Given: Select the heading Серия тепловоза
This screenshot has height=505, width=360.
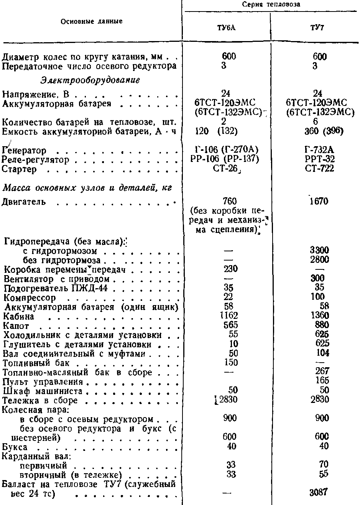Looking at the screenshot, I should [x=271, y=5].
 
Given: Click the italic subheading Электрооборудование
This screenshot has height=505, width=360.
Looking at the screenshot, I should [x=89, y=81].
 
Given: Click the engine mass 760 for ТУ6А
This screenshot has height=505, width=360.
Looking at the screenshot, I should [x=229, y=201].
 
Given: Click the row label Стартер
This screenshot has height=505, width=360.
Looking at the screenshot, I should [x=19, y=169].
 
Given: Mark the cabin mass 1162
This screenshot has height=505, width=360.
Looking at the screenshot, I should [x=229, y=316].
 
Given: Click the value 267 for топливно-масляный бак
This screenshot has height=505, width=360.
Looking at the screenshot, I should [x=319, y=372].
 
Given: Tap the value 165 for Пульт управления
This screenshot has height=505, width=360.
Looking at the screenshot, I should [x=319, y=381].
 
